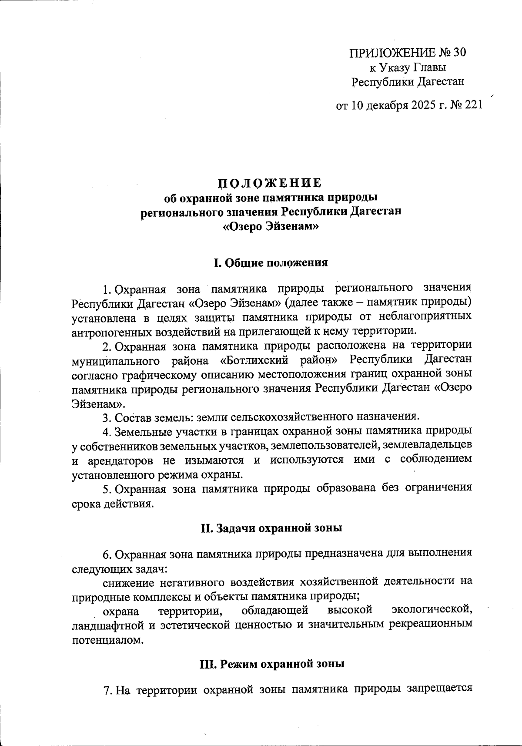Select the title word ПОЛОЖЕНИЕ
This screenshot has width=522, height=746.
[270, 182]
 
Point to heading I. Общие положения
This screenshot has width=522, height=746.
[270, 263]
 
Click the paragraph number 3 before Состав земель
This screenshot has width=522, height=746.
[106, 417]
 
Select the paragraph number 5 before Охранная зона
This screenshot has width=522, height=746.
[106, 489]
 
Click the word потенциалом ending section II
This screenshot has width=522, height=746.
[107, 640]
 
